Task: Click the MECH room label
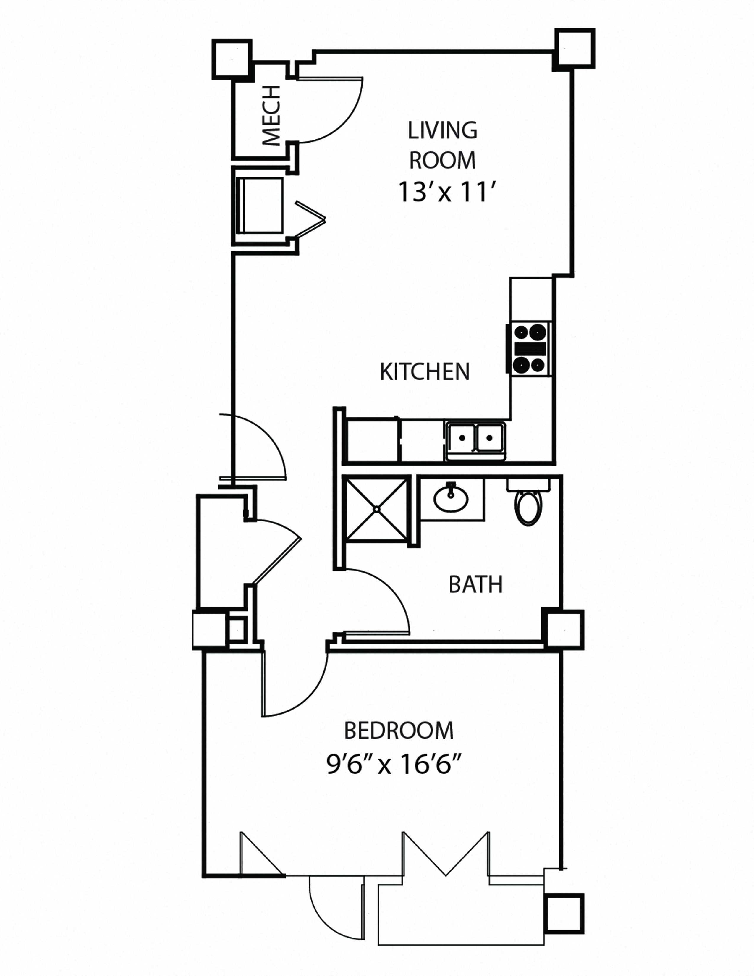(271, 116)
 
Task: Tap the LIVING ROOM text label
(442, 145)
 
